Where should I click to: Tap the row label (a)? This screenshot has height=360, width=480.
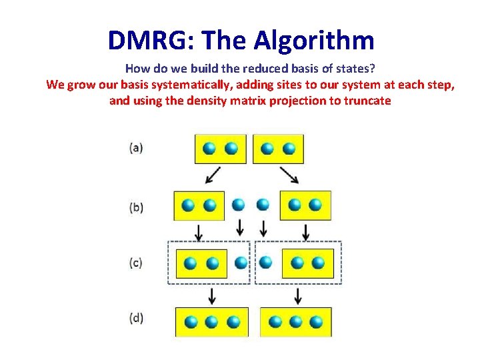pyautogui.click(x=136, y=148)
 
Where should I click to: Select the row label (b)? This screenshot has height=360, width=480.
pyautogui.click(x=136, y=207)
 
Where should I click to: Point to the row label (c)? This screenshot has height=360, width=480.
pyautogui.click(x=136, y=263)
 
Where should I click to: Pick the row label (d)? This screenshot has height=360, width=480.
pyautogui.click(x=136, y=318)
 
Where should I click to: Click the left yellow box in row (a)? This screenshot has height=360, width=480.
pyautogui.click(x=220, y=149)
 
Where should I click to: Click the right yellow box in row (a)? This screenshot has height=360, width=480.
pyautogui.click(x=278, y=149)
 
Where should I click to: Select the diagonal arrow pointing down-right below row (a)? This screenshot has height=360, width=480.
pyautogui.click(x=289, y=175)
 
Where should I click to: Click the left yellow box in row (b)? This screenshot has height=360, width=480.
pyautogui.click(x=199, y=205)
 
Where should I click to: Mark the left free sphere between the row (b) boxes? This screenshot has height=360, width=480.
pyautogui.click(x=239, y=204)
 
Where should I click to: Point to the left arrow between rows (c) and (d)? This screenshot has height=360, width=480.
pyautogui.click(x=212, y=295)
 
